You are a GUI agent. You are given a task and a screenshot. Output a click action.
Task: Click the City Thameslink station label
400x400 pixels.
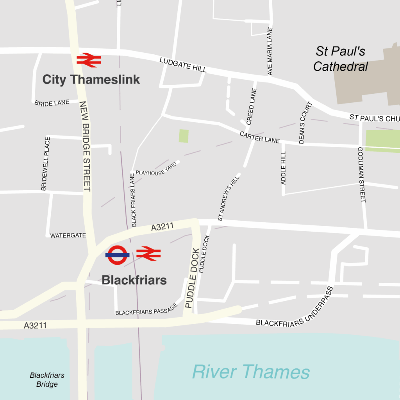tap(91, 80)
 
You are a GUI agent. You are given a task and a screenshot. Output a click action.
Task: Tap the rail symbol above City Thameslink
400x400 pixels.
tap(89, 60)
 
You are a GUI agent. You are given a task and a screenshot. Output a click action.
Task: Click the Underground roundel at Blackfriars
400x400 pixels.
tap(117, 255)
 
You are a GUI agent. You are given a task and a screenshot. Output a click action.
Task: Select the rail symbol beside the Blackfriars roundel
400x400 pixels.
tap(148, 254)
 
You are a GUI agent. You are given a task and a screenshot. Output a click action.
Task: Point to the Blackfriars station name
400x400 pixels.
tap(134, 280)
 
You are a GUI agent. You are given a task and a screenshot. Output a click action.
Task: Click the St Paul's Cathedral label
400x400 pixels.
tap(341, 59)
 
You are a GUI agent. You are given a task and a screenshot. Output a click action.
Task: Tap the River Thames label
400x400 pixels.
tap(251, 372)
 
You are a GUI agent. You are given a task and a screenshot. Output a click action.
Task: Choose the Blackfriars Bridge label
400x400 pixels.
tap(47, 380)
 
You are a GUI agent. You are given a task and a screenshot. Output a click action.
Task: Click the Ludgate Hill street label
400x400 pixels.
tap(183, 65)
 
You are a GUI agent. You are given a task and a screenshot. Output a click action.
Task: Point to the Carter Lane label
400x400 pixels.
tap(260, 137)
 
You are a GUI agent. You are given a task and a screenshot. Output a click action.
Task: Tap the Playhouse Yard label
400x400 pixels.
tap(156, 169)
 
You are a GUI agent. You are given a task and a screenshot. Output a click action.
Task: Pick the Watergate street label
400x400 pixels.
tap(68, 236)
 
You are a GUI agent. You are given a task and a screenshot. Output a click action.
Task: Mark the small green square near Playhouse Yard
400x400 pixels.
tap(184, 136)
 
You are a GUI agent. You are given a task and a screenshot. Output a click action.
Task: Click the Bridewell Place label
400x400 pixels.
tap(45, 164)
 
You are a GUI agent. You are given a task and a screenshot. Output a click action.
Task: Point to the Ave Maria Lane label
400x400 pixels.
tap(270, 51)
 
